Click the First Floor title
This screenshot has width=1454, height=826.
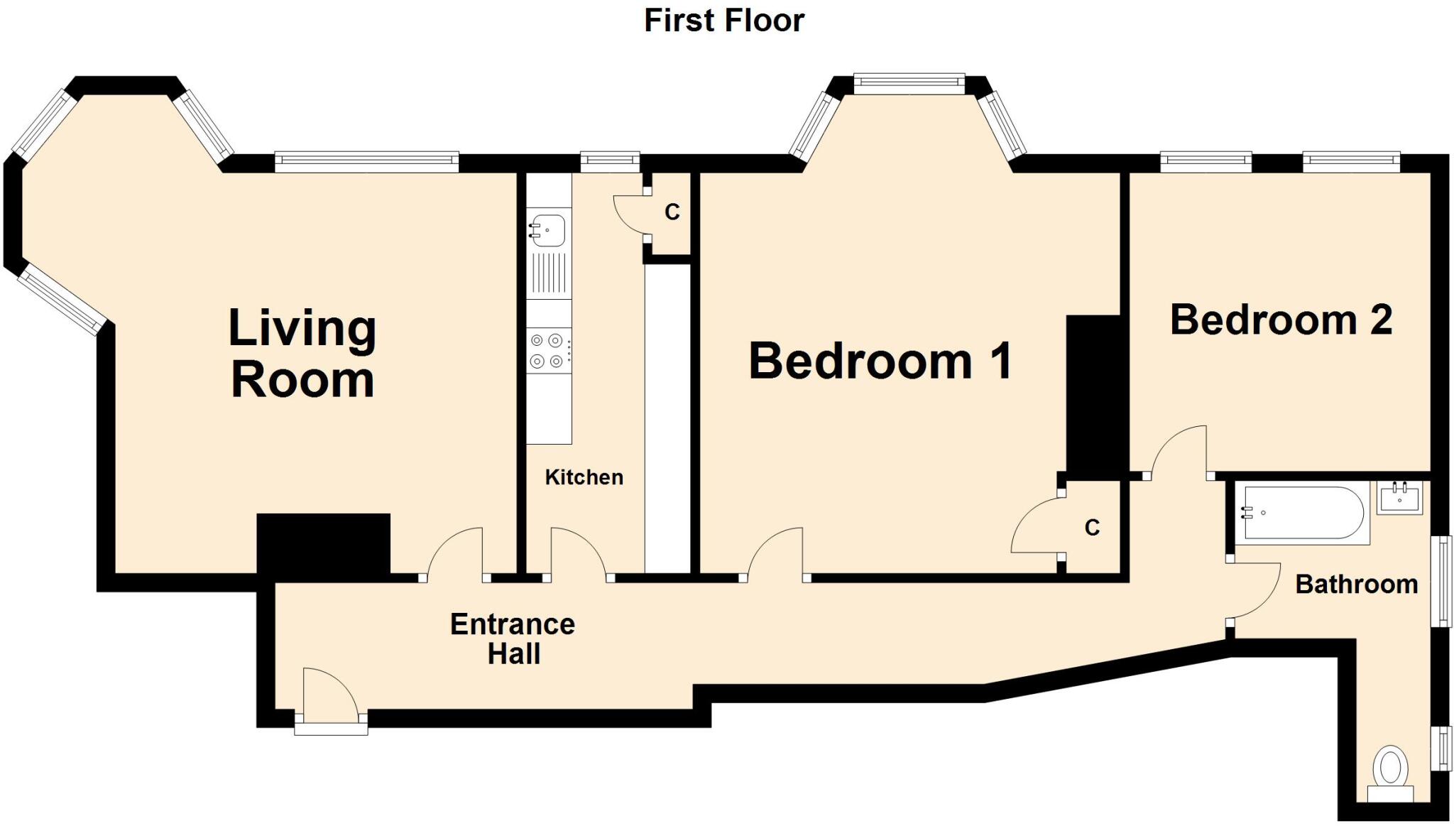[x=723, y=21]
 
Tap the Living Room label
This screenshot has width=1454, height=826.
[x=302, y=354]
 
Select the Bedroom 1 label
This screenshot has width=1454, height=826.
[x=880, y=362]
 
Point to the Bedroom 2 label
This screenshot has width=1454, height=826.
[x=1281, y=320]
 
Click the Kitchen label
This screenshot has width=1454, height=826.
[x=584, y=477]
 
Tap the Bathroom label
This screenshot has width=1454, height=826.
[x=1356, y=585]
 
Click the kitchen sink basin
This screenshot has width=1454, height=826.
[x=549, y=229]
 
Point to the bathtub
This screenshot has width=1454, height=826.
[x=1301, y=513]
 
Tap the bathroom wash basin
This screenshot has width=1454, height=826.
[x=1399, y=497]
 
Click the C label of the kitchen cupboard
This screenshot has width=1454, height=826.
[x=672, y=212]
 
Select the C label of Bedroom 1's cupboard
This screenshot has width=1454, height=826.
[x=1092, y=528]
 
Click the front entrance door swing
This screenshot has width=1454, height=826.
[x=328, y=692]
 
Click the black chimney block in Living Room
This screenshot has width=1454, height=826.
[x=323, y=543]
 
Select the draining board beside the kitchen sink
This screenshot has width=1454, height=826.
[x=549, y=273]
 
